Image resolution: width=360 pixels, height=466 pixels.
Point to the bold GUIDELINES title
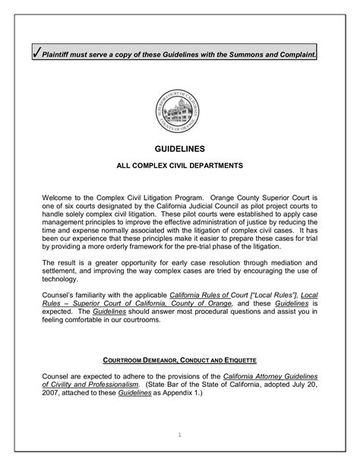(x=179, y=152)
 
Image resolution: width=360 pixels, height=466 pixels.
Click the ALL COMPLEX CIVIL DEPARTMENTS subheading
(x=179, y=165)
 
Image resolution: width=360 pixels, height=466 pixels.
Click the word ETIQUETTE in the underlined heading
(x=235, y=358)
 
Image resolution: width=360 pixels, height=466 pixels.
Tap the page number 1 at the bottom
(x=180, y=435)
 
